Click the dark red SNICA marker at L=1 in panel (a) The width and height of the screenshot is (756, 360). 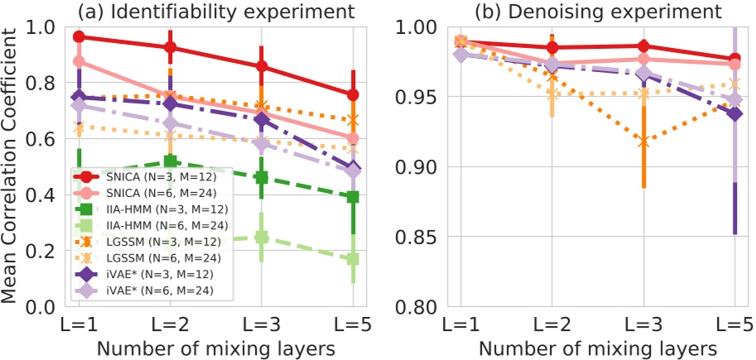coord(79,36)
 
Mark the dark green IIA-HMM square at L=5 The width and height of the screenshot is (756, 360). coord(353,197)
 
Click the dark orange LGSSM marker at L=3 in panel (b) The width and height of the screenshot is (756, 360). coord(643,142)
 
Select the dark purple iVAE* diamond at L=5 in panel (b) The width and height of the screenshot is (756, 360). coord(734,113)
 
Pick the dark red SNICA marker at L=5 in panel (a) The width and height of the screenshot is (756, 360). coord(353,95)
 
